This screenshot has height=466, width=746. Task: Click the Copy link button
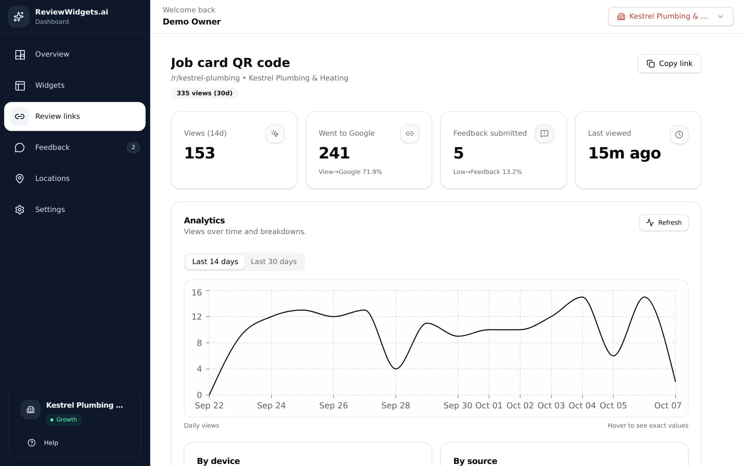coord(669,64)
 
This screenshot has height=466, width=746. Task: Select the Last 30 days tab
coord(274,262)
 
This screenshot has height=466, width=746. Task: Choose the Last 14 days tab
coord(215,262)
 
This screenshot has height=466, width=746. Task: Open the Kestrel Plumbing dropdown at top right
coord(670,17)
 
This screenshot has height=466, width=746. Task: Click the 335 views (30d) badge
coord(204,93)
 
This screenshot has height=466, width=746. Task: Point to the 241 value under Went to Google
coord(334,153)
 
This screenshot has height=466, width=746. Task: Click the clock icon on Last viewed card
coord(679,135)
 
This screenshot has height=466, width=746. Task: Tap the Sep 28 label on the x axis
coord(395,406)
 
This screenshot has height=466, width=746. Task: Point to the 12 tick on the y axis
coord(197,317)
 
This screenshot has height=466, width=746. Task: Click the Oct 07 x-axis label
coord(668,406)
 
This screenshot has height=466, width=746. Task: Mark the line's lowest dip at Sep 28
coord(396,369)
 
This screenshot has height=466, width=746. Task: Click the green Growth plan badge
coord(64,420)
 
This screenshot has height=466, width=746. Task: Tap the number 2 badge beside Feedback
coord(133,147)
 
